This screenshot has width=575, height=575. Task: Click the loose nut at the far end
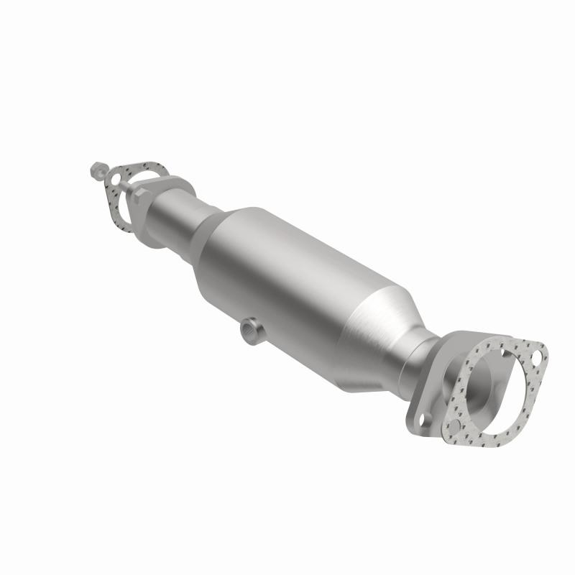pos(96,171)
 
